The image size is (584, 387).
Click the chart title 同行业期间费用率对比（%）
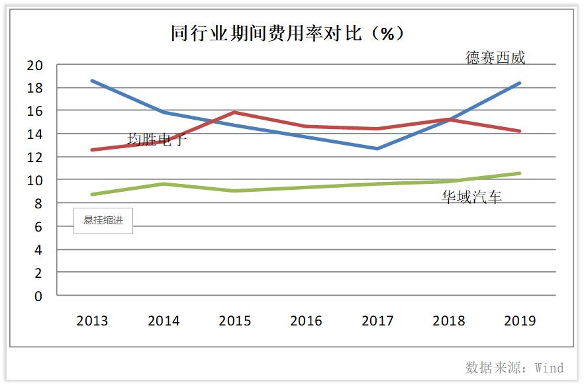pyautogui.click(x=287, y=34)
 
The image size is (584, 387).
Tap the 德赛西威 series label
pyautogui.click(x=495, y=58)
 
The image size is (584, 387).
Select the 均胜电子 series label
pyautogui.click(x=157, y=139)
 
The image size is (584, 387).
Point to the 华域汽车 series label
pyautogui.click(x=472, y=197)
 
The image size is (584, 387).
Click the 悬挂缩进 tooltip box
pyautogui.click(x=103, y=220)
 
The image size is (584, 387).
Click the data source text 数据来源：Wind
pyautogui.click(x=514, y=368)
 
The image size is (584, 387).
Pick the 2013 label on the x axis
pyautogui.click(x=92, y=322)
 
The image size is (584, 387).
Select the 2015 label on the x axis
pyautogui.click(x=235, y=322)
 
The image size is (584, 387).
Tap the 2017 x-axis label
pyautogui.click(x=377, y=322)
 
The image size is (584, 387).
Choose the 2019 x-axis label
pyautogui.click(x=520, y=322)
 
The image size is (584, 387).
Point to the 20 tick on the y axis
pyautogui.click(x=34, y=65)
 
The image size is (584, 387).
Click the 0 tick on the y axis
pyautogui.click(x=38, y=296)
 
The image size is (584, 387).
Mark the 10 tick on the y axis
pyautogui.click(x=34, y=181)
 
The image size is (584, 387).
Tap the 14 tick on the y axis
pyautogui.click(x=34, y=134)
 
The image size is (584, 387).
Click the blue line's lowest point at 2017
pyautogui.click(x=377, y=148)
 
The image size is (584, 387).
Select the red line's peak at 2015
pyautogui.click(x=235, y=112)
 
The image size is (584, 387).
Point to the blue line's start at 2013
pyautogui.click(x=92, y=81)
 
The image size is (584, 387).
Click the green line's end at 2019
pyautogui.click(x=520, y=173)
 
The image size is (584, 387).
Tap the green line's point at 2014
pyautogui.click(x=164, y=184)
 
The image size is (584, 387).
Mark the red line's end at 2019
pyautogui.click(x=520, y=131)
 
